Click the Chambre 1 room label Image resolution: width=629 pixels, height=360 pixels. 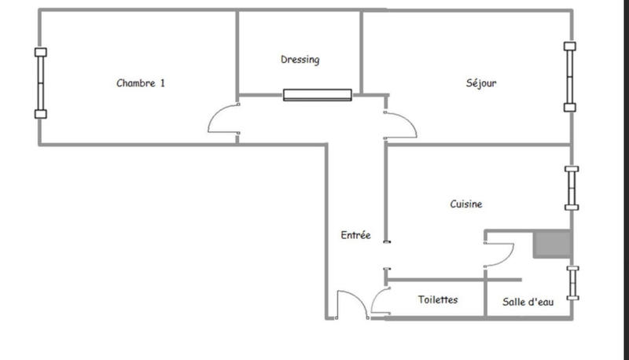pos(141,83)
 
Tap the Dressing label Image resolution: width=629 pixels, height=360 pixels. pos(300,60)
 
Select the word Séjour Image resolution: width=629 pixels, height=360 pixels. pos(480,83)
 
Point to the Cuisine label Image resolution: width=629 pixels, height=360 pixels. pos(466,204)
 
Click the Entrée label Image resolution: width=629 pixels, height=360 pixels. pos(355,235)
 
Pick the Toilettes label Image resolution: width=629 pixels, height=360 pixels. pos(438,300)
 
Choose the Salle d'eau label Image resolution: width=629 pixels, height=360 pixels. pos(528,302)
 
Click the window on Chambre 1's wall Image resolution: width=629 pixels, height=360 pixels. pos(41,83)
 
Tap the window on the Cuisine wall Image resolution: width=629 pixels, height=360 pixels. pos(572,188)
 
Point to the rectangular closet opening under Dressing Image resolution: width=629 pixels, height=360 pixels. pos(318,95)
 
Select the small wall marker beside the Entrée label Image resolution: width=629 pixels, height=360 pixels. pos(385,242)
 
